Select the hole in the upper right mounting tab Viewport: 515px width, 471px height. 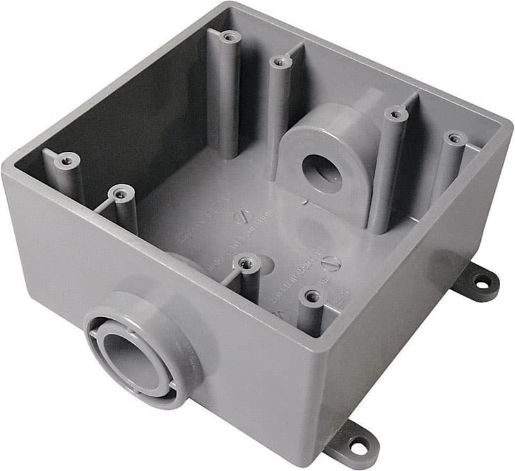(480, 281)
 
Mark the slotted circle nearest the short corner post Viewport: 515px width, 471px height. (331, 263)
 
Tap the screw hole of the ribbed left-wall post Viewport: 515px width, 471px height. (120, 191)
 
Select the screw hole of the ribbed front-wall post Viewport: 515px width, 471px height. (246, 261)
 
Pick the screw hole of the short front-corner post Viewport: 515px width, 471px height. (313, 296)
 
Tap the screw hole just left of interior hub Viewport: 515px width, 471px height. (279, 62)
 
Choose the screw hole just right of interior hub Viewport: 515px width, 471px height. (395, 115)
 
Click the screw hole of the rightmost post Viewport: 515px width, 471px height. (455, 138)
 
